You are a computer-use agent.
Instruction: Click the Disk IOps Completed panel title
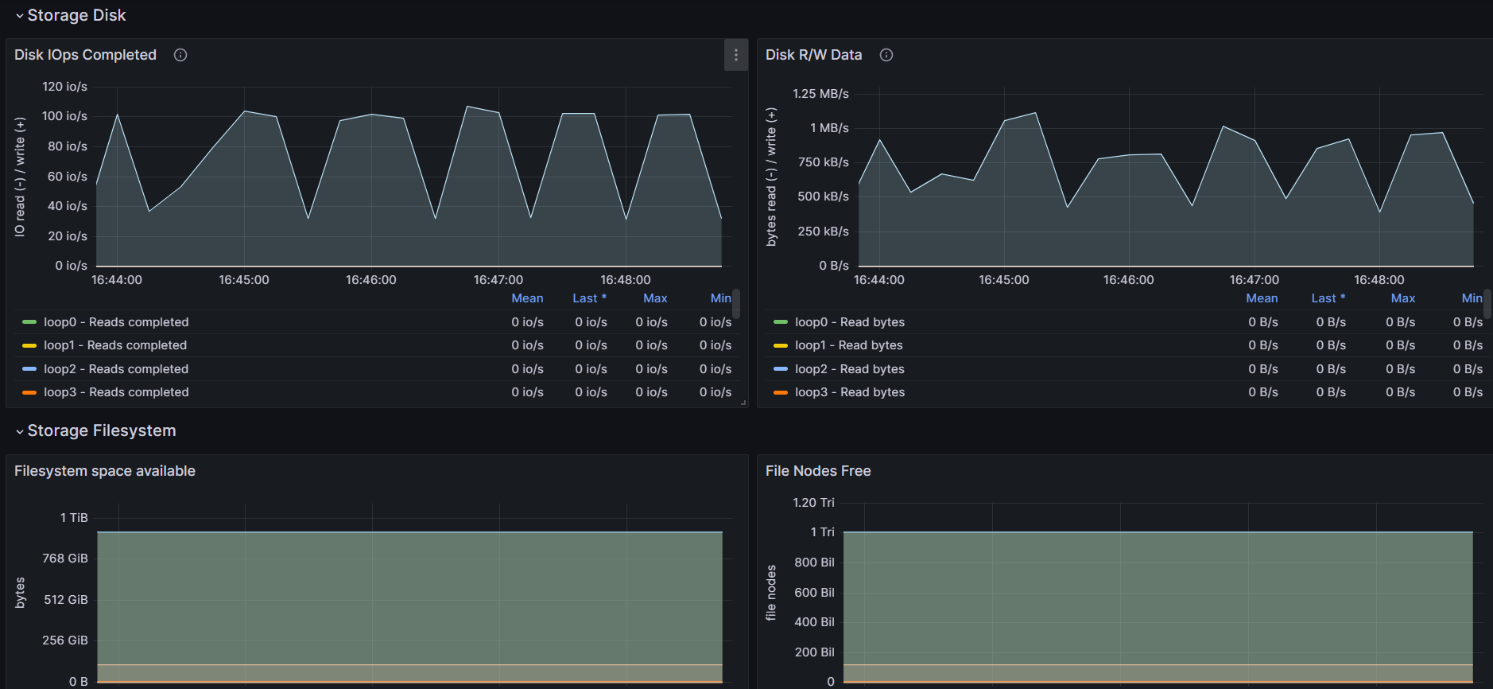tap(85, 55)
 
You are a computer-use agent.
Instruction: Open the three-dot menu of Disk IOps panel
tap(736, 55)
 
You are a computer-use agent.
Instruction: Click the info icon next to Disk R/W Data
tap(886, 55)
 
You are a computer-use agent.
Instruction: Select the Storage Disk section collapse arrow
tap(20, 16)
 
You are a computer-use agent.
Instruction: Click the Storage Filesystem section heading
tap(102, 430)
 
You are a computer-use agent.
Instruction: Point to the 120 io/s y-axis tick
tap(65, 87)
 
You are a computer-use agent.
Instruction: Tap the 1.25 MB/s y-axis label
tap(820, 94)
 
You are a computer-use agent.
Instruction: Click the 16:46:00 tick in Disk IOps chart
tap(371, 280)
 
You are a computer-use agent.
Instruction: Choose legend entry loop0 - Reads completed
tap(116, 322)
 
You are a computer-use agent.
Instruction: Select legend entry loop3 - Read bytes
tap(850, 392)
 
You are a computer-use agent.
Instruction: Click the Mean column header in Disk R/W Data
tap(1262, 298)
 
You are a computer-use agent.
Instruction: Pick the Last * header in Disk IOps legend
tap(589, 298)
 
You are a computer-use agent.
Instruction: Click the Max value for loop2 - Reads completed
tap(651, 369)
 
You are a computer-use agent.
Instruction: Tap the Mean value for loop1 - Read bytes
tap(1263, 345)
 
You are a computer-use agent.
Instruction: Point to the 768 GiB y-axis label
tap(65, 559)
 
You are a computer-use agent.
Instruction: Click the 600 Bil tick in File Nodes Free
tap(814, 593)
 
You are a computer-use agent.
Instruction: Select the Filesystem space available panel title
tap(105, 471)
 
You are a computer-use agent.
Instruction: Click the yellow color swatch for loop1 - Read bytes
tap(781, 345)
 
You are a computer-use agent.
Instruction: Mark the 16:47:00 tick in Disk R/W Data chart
tap(1255, 280)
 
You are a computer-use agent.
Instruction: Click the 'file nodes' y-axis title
tap(771, 593)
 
